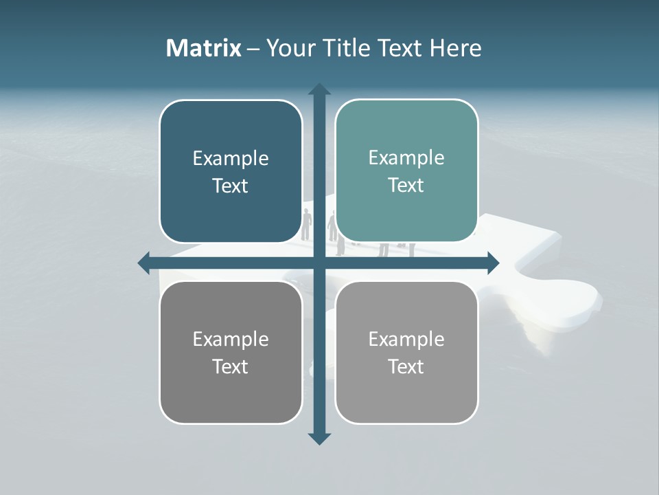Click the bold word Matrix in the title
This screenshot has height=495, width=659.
(x=203, y=48)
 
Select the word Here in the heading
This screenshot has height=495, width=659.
(x=455, y=48)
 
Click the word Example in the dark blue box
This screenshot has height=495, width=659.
(x=231, y=159)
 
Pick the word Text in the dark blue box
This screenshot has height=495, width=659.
(x=231, y=186)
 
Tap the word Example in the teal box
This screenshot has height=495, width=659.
(x=406, y=158)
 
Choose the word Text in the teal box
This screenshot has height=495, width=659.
(x=406, y=186)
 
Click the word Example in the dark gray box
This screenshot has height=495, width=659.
(x=231, y=340)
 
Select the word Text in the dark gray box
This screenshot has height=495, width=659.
(x=231, y=367)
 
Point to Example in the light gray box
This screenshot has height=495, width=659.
(x=406, y=340)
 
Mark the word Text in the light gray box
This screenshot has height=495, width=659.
(x=406, y=367)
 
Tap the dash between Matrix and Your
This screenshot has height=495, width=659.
(x=253, y=49)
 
